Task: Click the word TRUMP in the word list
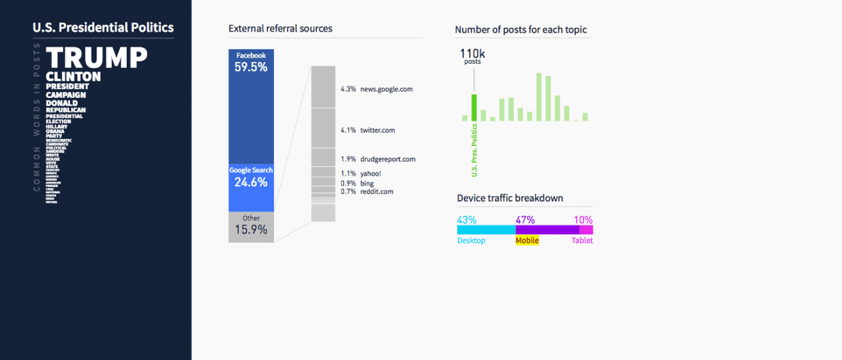tap(97, 58)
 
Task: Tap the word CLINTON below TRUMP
tap(73, 76)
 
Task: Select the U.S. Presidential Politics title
tap(103, 28)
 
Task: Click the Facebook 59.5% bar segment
tap(251, 105)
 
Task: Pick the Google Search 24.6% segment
tap(251, 187)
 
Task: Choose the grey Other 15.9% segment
tap(251, 226)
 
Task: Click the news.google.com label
tap(386, 89)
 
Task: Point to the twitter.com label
tap(378, 130)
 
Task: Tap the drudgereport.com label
tap(387, 159)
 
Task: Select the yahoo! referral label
tap(370, 174)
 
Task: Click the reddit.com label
tap(376, 192)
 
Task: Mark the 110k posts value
tap(472, 55)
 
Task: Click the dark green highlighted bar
tap(474, 108)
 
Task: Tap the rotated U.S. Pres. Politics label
tap(474, 150)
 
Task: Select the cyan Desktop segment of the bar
tap(486, 230)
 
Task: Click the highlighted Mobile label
tap(527, 241)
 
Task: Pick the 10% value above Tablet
tap(583, 220)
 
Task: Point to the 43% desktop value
tap(467, 220)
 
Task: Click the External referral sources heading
tap(280, 28)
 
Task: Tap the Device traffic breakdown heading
tap(510, 198)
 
